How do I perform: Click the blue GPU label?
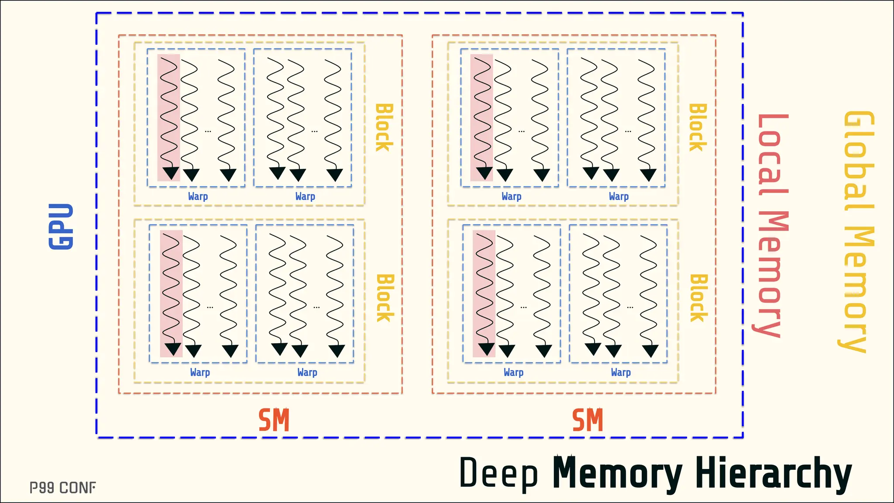pyautogui.click(x=61, y=226)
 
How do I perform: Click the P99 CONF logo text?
pyautogui.click(x=62, y=488)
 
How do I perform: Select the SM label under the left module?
pyautogui.click(x=274, y=420)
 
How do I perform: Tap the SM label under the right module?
pyautogui.click(x=588, y=420)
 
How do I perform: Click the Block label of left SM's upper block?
pyautogui.click(x=384, y=127)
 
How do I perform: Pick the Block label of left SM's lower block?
pyautogui.click(x=385, y=298)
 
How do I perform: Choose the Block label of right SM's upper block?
pyautogui.click(x=698, y=127)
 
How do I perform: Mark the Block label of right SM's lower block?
pyautogui.click(x=698, y=298)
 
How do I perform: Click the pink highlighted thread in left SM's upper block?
pyautogui.click(x=169, y=117)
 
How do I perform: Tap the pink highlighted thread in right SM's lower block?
pyautogui.click(x=484, y=293)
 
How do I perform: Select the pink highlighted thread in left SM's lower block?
pyautogui.click(x=171, y=293)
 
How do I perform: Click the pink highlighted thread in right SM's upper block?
pyautogui.click(x=481, y=117)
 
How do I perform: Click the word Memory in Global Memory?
pyautogui.click(x=857, y=288)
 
